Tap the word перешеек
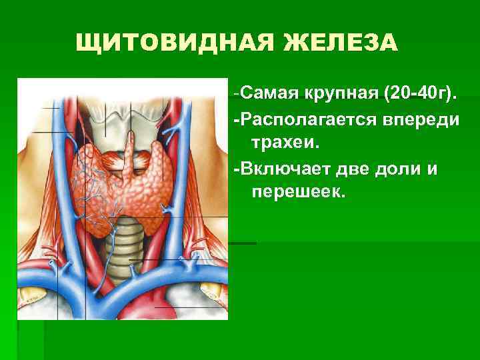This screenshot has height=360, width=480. pos(297,192)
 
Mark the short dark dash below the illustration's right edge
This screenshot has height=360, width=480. pos(243,243)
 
